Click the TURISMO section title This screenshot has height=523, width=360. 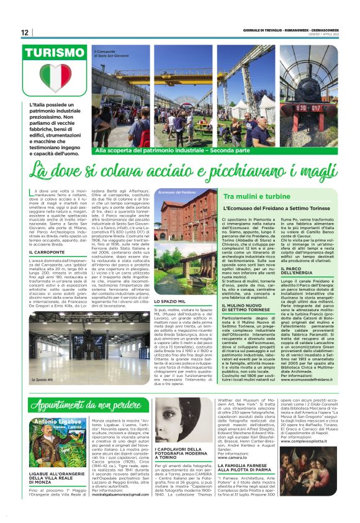pos(55,52)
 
